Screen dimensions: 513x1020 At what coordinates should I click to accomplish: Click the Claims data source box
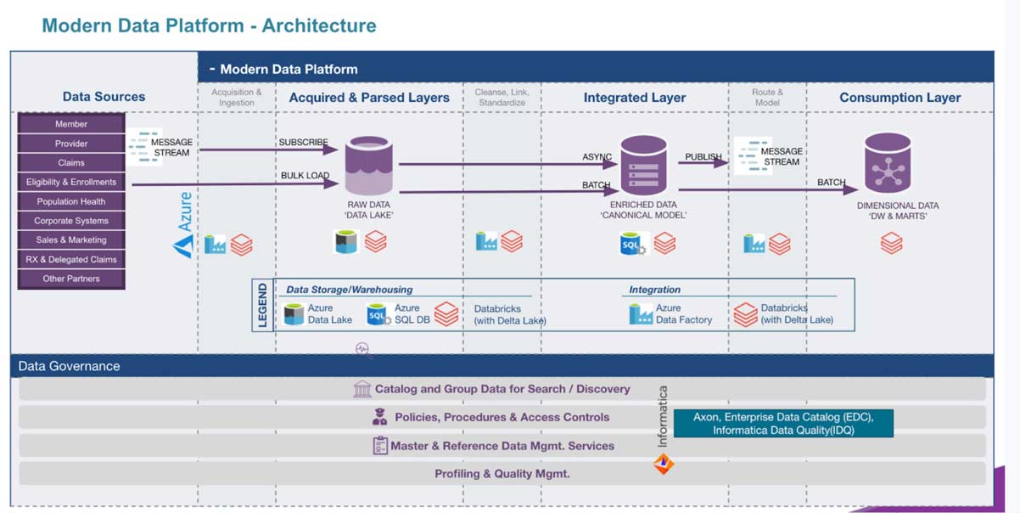(x=71, y=162)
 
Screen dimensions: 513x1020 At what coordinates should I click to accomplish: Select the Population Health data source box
(x=71, y=201)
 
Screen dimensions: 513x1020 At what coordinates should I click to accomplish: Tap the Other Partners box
(x=71, y=279)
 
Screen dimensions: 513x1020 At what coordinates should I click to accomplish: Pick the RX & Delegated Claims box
(x=71, y=259)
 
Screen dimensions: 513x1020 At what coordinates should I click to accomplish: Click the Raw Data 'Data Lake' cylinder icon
(x=368, y=166)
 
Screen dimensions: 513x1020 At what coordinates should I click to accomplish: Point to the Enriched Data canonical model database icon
(x=643, y=166)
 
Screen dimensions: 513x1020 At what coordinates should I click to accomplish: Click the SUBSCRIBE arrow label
(x=303, y=142)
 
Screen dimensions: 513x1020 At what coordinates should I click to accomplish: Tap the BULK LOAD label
(x=305, y=176)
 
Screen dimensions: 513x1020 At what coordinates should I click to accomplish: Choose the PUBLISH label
(x=703, y=157)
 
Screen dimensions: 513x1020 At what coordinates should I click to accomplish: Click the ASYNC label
(x=597, y=157)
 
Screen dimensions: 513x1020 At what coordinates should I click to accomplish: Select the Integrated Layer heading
(x=634, y=98)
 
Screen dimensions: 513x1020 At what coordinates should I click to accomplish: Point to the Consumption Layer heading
(x=900, y=98)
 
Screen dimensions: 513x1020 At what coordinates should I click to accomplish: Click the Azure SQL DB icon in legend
(x=378, y=314)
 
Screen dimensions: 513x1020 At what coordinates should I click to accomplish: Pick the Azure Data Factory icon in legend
(x=641, y=314)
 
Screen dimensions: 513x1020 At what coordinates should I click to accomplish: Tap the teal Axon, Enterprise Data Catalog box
(x=782, y=423)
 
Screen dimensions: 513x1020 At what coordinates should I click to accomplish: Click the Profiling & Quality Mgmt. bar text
(x=502, y=473)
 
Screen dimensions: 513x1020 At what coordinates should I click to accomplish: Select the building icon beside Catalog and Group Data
(x=362, y=389)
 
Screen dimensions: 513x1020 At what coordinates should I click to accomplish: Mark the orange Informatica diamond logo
(x=663, y=464)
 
